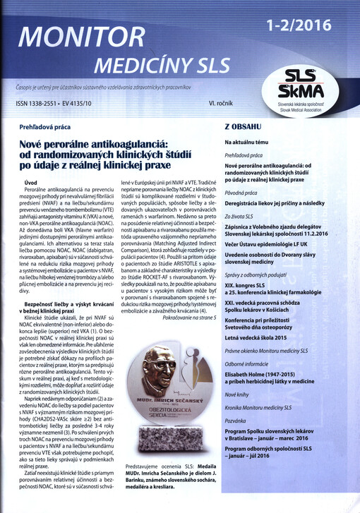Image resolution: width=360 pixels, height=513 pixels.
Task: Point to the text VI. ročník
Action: click(x=222, y=104)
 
